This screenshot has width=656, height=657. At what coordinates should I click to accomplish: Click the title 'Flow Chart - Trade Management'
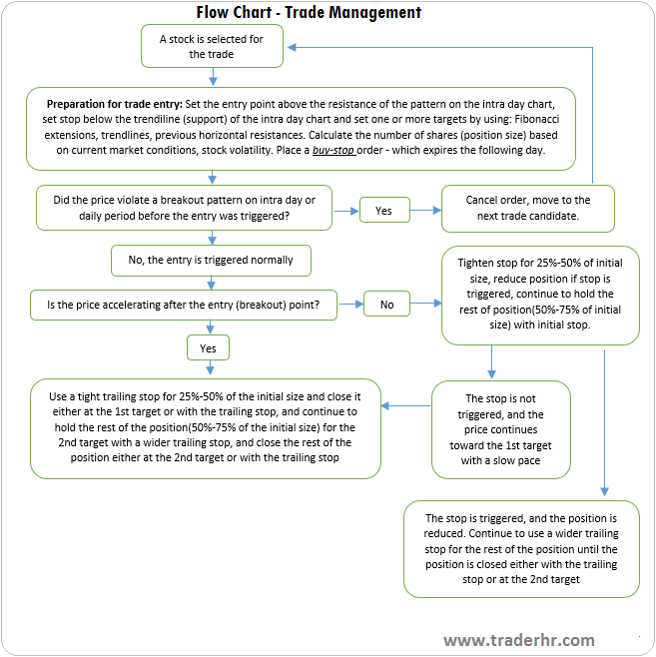[x=309, y=12]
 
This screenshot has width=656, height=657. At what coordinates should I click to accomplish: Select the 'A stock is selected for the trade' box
[x=211, y=47]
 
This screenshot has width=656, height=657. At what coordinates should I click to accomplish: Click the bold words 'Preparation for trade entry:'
[x=115, y=103]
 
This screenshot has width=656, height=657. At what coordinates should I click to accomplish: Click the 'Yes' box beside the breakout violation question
[x=383, y=210]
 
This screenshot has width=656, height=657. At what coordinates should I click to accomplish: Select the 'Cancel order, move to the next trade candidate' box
[x=528, y=208]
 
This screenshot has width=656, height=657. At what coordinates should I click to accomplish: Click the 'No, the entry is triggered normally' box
[x=211, y=261]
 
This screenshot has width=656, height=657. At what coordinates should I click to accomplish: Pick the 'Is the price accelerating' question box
[x=183, y=304]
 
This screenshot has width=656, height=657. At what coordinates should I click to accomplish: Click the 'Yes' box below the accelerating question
[x=209, y=348]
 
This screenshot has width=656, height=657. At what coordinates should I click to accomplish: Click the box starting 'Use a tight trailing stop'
[x=206, y=427]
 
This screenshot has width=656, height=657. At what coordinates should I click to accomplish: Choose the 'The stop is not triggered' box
[x=502, y=429]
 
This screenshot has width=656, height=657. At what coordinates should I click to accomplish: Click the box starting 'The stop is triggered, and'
[x=521, y=548]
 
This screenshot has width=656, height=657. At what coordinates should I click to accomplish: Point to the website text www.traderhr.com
[x=519, y=640]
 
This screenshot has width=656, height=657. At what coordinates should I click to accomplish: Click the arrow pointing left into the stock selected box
[x=300, y=47]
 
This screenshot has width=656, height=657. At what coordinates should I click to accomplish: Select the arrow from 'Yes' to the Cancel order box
[x=423, y=210]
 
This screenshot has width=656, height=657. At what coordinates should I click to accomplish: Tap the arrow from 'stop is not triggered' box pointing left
[x=406, y=405]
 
